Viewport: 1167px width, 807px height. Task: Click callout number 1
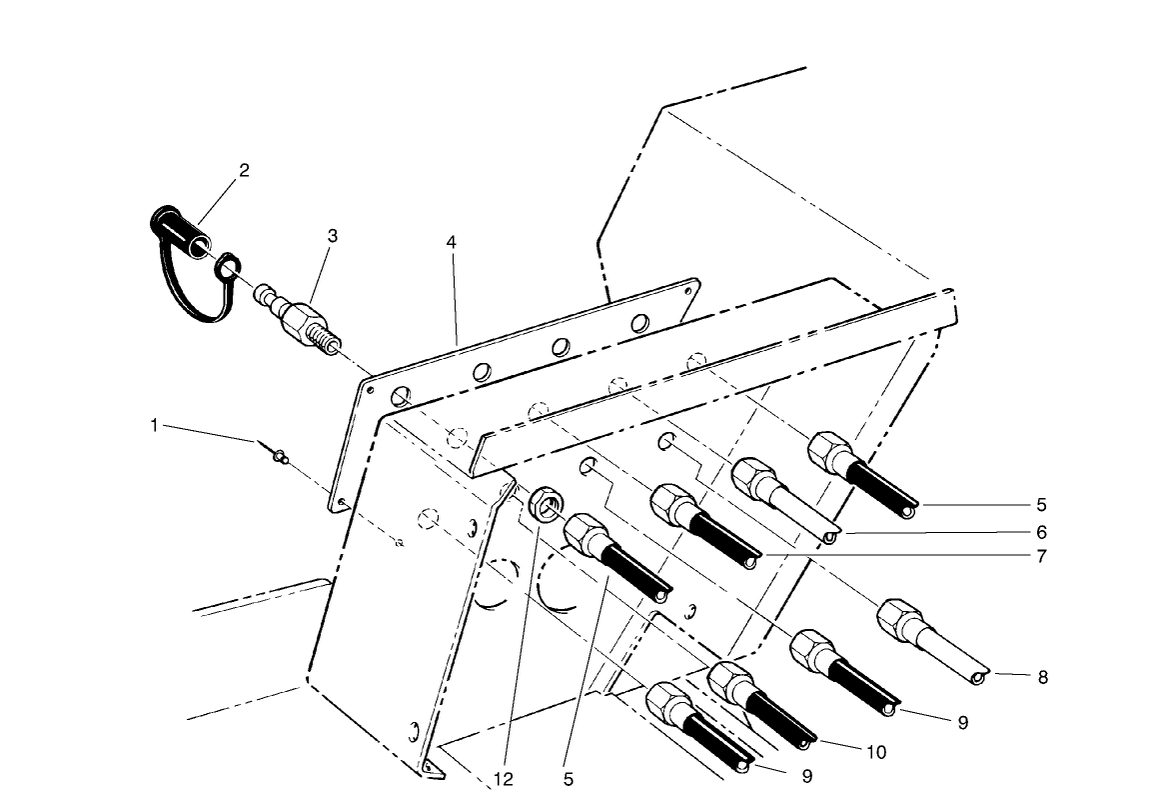pyautogui.click(x=155, y=425)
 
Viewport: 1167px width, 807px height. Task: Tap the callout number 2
pyautogui.click(x=243, y=170)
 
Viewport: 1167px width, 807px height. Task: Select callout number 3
pyautogui.click(x=333, y=236)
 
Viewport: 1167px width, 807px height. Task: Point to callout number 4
pyautogui.click(x=452, y=243)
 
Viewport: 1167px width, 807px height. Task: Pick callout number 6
pyautogui.click(x=1041, y=532)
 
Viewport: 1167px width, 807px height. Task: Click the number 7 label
pyautogui.click(x=1041, y=556)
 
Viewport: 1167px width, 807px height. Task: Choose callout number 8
pyautogui.click(x=1042, y=677)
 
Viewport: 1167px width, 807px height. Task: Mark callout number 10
pyautogui.click(x=876, y=752)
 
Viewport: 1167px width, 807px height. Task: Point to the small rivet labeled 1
pyautogui.click(x=277, y=456)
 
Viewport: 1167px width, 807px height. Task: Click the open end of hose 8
pyautogui.click(x=978, y=679)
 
